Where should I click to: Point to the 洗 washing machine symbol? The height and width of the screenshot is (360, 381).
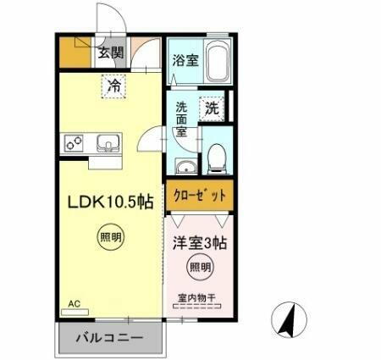(211, 108)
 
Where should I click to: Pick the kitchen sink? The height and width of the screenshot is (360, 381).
(108, 142)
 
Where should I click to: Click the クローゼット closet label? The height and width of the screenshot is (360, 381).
(200, 196)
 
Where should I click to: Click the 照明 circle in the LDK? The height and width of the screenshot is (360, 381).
(109, 237)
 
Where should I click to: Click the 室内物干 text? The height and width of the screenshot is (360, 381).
(196, 297)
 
